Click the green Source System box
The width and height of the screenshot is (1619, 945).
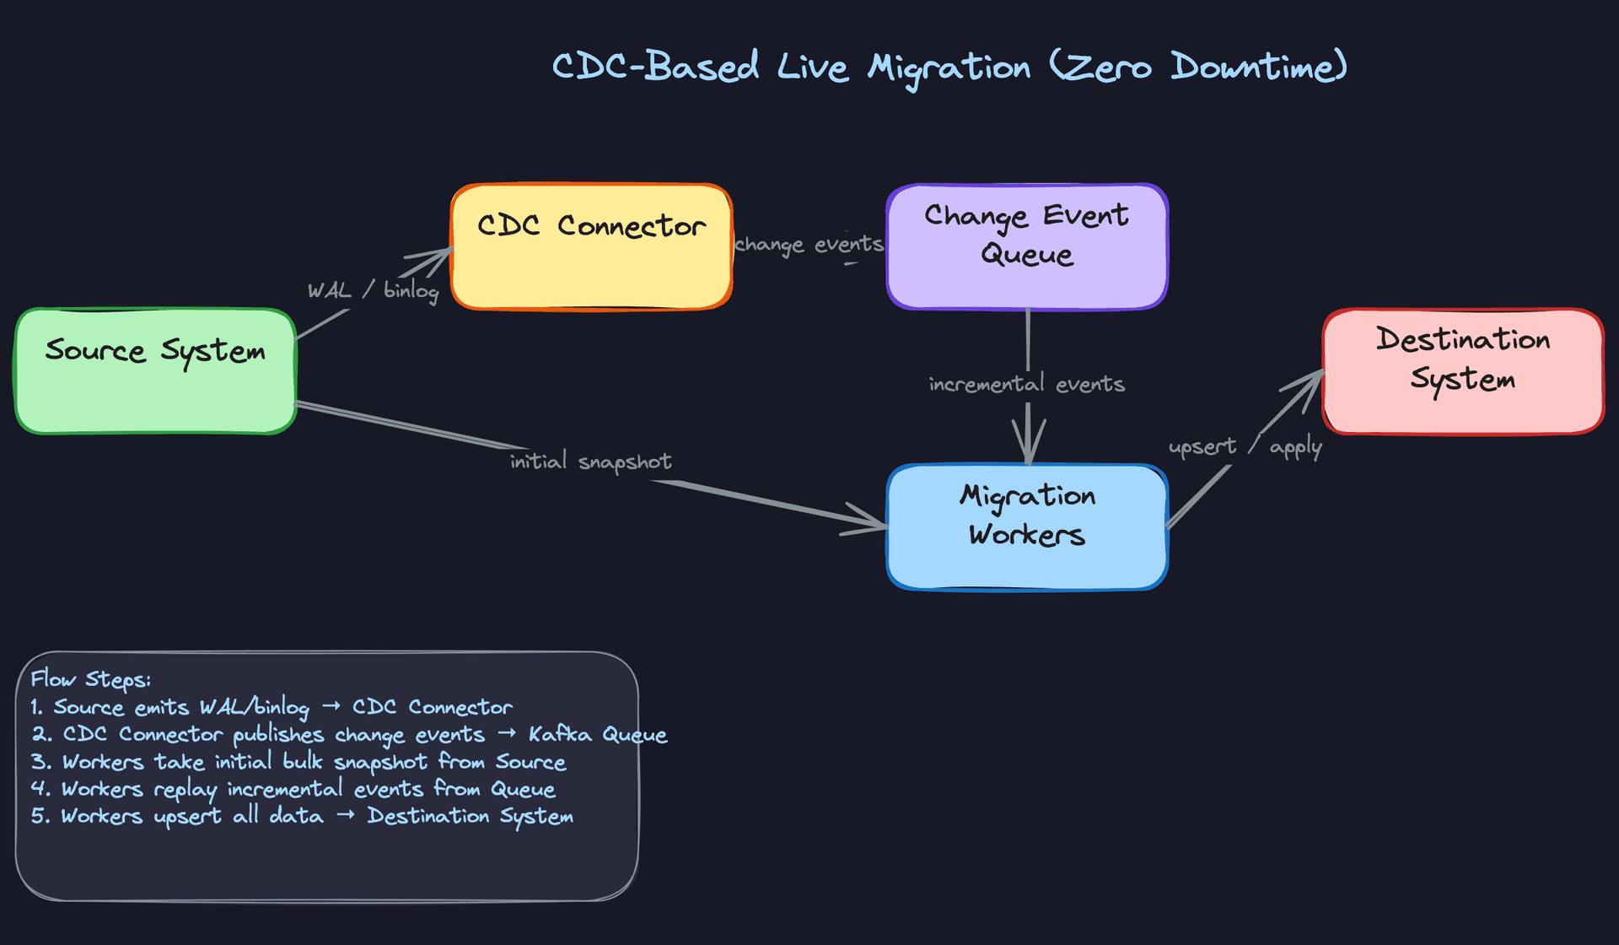click(155, 371)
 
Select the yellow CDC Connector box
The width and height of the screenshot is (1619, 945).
click(591, 246)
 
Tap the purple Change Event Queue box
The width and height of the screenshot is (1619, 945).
click(1027, 246)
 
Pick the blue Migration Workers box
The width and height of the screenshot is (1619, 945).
click(1027, 526)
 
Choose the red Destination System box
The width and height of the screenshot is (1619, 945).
click(1463, 371)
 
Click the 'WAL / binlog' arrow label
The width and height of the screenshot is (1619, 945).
click(373, 291)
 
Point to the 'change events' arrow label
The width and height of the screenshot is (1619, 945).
click(809, 245)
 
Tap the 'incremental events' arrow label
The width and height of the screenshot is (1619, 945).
click(1027, 385)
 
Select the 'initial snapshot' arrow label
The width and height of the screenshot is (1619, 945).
click(590, 462)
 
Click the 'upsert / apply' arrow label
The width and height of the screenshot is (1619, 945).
click(1245, 446)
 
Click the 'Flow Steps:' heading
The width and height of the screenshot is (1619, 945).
click(91, 679)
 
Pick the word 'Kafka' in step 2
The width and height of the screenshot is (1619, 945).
click(560, 735)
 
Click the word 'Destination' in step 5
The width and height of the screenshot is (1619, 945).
click(428, 816)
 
